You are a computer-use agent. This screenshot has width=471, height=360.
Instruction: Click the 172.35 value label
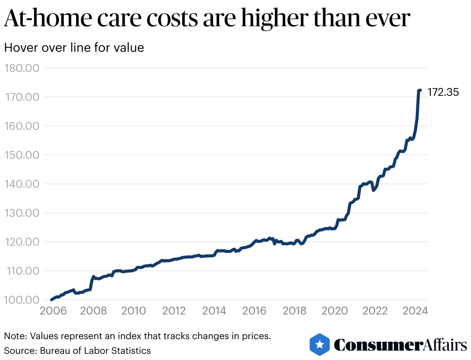(x=443, y=93)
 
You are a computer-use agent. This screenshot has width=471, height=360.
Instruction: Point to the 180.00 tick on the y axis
(x=22, y=68)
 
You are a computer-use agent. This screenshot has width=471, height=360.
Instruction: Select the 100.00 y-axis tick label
(x=22, y=300)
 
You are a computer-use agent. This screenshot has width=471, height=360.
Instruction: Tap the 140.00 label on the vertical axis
(x=22, y=184)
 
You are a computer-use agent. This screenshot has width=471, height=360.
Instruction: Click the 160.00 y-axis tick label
(x=22, y=126)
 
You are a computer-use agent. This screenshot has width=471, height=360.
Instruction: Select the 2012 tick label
(x=174, y=311)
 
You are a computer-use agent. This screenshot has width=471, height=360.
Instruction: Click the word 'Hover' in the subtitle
(x=19, y=48)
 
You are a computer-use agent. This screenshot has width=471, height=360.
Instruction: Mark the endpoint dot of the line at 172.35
(x=420, y=90)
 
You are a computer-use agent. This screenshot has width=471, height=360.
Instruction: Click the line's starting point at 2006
(x=51, y=299)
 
